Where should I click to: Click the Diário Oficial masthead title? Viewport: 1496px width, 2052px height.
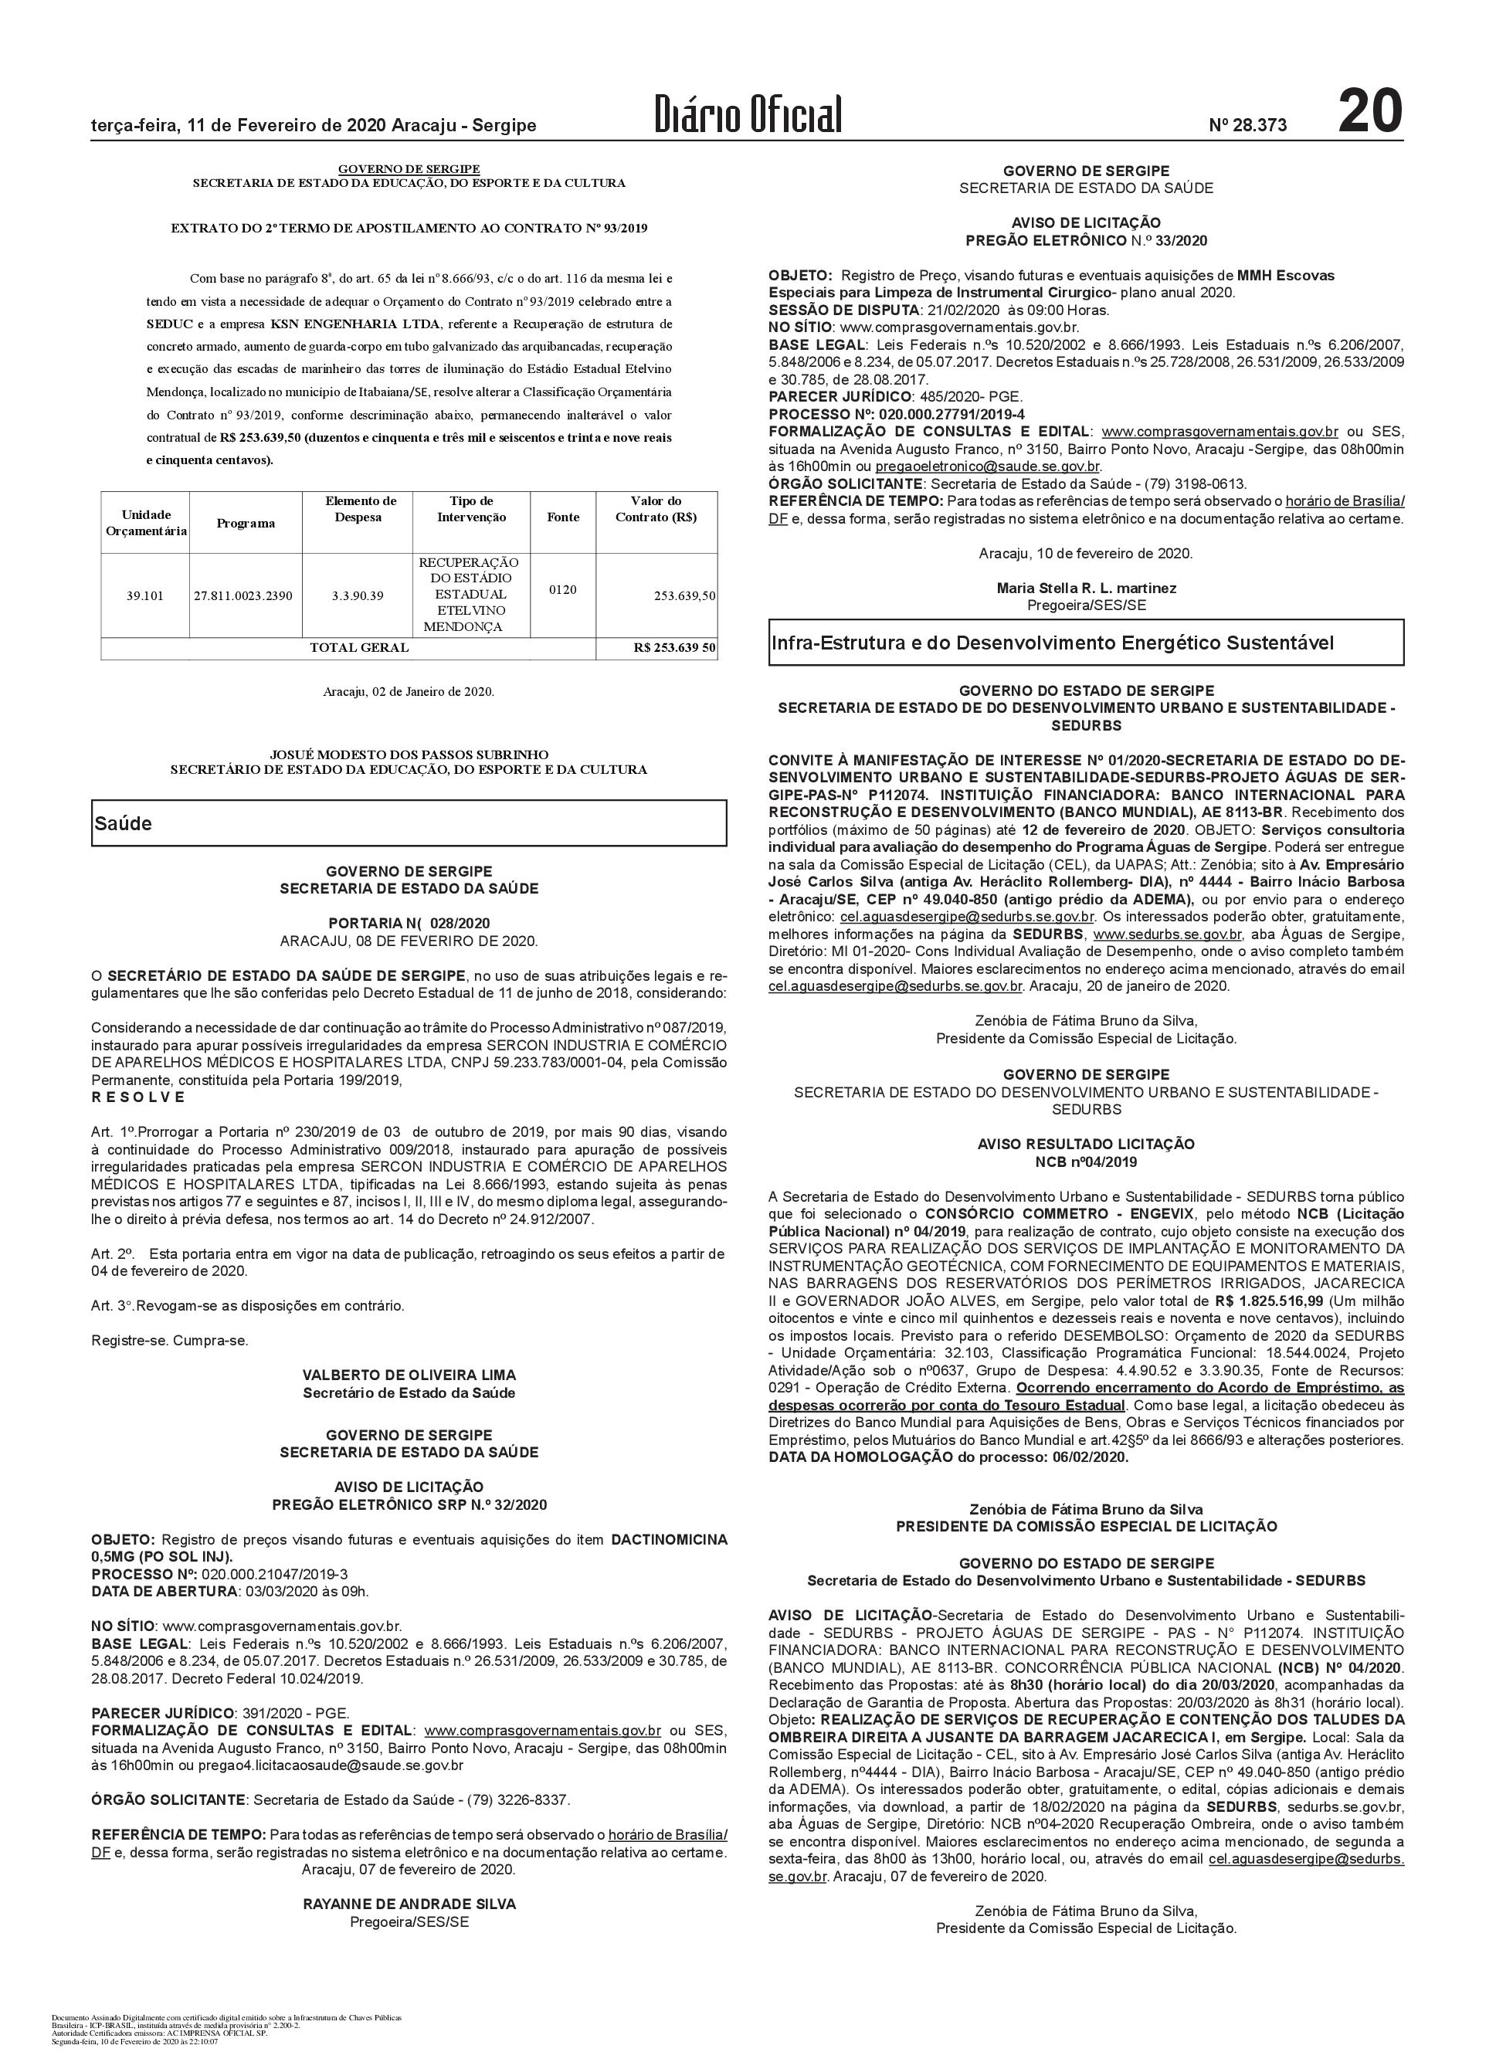[749, 115]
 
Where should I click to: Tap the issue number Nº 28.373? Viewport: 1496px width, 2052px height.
[1247, 126]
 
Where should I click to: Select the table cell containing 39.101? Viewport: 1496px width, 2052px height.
[145, 596]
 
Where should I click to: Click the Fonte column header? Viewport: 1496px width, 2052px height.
[563, 517]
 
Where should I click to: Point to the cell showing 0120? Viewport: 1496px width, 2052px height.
[562, 589]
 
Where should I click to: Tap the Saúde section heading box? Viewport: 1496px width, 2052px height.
[409, 823]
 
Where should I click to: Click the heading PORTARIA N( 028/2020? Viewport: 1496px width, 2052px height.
[409, 923]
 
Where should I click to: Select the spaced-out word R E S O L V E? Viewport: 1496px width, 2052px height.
[138, 1097]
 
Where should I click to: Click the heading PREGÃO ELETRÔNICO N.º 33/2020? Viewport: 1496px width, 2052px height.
[1086, 240]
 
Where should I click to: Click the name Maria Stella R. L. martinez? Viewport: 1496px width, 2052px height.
[1086, 588]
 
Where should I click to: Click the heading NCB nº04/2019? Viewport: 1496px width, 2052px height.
[1086, 1162]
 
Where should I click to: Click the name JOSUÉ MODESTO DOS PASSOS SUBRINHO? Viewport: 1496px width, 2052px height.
[409, 754]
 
